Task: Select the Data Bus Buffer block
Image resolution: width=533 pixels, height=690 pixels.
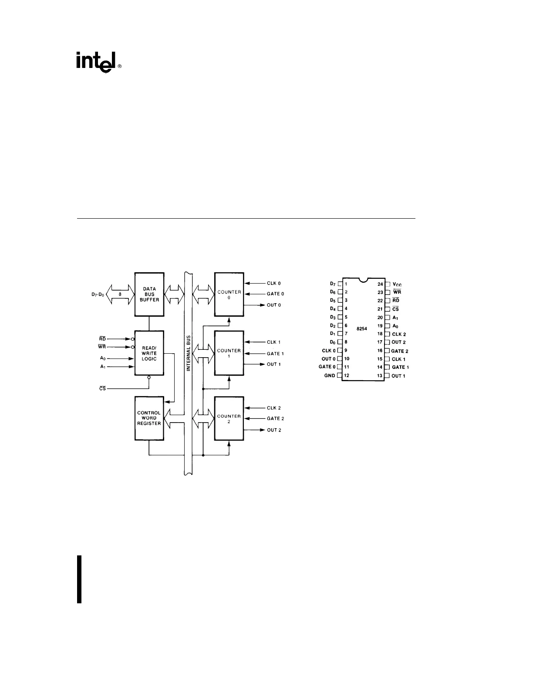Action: coord(149,294)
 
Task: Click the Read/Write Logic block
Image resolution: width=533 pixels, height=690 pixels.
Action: coord(149,353)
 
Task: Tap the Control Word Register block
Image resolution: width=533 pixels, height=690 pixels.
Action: coord(149,418)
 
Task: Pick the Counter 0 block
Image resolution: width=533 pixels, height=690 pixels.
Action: coord(229,294)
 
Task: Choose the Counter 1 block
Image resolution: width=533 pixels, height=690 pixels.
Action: coord(229,353)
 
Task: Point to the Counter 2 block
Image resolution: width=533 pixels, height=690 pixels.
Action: coord(229,419)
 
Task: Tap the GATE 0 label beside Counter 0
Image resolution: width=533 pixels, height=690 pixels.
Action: coord(275,294)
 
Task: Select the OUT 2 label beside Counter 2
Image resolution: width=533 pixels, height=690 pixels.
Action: coord(274,430)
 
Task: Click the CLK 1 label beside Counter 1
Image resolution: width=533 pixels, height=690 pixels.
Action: coord(273,342)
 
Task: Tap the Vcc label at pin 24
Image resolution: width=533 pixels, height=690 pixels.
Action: coord(397,284)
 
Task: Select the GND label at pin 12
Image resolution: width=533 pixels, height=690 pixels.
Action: coord(330,375)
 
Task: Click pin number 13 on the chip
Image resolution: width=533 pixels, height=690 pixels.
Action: coord(380,375)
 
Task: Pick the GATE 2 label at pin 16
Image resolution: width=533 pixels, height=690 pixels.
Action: coord(399,351)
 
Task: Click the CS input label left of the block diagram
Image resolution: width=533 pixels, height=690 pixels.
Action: coord(103,388)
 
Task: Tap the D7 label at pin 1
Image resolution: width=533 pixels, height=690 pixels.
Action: coord(333,284)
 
